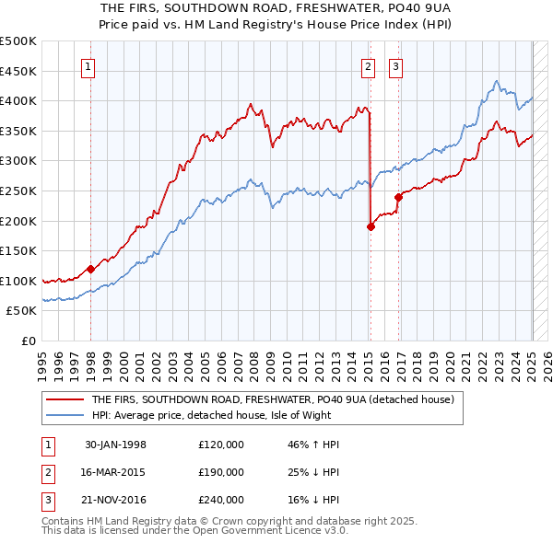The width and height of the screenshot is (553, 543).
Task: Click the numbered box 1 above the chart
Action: [88, 65]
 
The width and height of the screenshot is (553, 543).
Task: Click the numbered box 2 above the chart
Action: [368, 65]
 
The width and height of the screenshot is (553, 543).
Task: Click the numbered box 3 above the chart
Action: [395, 65]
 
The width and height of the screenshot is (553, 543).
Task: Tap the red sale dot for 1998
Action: [90, 269]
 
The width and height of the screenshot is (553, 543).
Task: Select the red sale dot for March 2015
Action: [371, 226]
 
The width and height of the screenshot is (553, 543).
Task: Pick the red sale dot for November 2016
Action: [398, 197]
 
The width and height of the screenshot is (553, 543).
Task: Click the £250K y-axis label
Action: [18, 191]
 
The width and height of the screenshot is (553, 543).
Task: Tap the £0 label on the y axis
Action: [29, 341]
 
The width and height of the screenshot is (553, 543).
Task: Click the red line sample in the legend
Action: [65, 399]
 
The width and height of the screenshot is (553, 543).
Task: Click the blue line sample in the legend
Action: [65, 415]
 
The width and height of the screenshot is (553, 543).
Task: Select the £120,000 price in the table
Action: [220, 445]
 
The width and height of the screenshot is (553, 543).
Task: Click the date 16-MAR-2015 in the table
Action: [115, 472]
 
